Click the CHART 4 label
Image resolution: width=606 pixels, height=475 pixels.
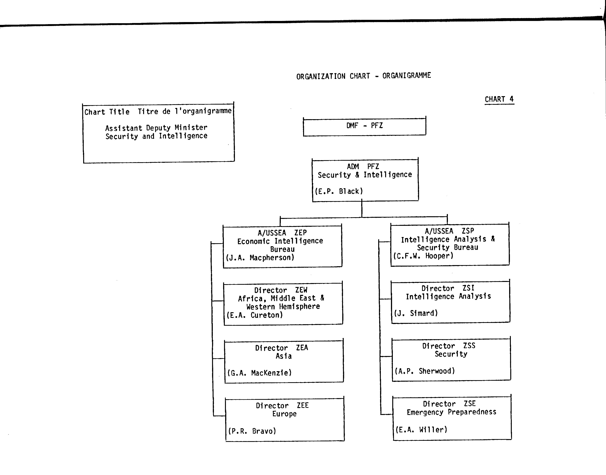499,99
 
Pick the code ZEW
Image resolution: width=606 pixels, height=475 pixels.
301,290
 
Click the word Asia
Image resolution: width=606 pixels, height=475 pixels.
283,356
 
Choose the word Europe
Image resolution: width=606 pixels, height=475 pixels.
284,414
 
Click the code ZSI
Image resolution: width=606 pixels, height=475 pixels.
469,288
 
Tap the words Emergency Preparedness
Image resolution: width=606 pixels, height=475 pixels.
451,412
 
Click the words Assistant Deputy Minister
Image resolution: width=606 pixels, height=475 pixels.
156,128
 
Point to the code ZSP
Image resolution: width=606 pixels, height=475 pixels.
468,231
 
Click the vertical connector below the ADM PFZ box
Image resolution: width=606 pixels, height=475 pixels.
362,208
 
